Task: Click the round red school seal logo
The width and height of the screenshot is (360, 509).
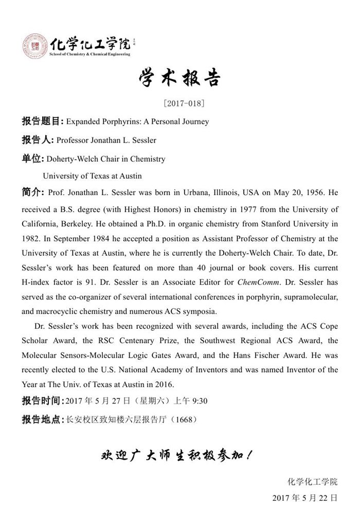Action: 35,46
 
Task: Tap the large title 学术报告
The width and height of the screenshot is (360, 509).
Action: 180,78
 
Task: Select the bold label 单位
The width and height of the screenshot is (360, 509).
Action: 31,159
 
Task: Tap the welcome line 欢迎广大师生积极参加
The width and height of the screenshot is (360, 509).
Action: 176,457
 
